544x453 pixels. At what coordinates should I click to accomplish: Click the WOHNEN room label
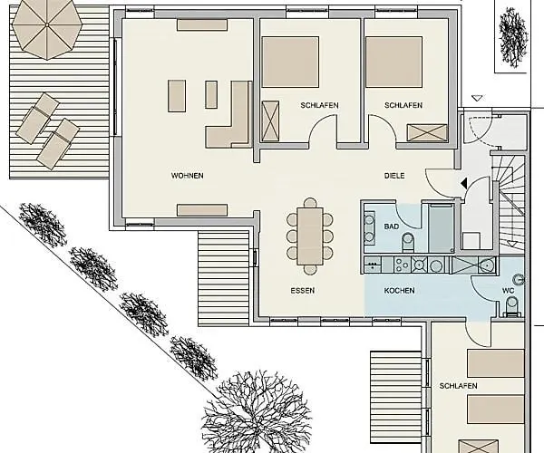[188, 176]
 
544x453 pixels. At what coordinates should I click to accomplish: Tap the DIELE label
[394, 176]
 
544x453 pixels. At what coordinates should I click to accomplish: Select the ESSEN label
[303, 291]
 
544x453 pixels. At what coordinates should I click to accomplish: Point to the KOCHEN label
[399, 291]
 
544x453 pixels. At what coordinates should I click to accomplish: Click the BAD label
[392, 226]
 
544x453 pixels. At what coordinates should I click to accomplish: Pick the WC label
[509, 291]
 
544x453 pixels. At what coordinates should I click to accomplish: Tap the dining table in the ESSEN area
[310, 236]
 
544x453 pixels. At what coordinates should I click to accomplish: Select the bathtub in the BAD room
[442, 228]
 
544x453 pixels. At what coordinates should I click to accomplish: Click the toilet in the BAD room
[408, 242]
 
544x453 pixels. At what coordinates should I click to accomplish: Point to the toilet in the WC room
[511, 307]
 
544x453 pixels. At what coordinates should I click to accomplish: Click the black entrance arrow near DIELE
[463, 184]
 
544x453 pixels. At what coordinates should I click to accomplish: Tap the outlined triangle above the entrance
[478, 99]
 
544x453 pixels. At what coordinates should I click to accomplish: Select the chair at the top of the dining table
[310, 202]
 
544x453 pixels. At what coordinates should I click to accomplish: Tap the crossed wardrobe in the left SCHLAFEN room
[270, 121]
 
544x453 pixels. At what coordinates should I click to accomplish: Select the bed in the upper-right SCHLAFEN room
[393, 62]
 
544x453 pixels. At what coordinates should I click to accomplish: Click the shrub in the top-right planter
[513, 37]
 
